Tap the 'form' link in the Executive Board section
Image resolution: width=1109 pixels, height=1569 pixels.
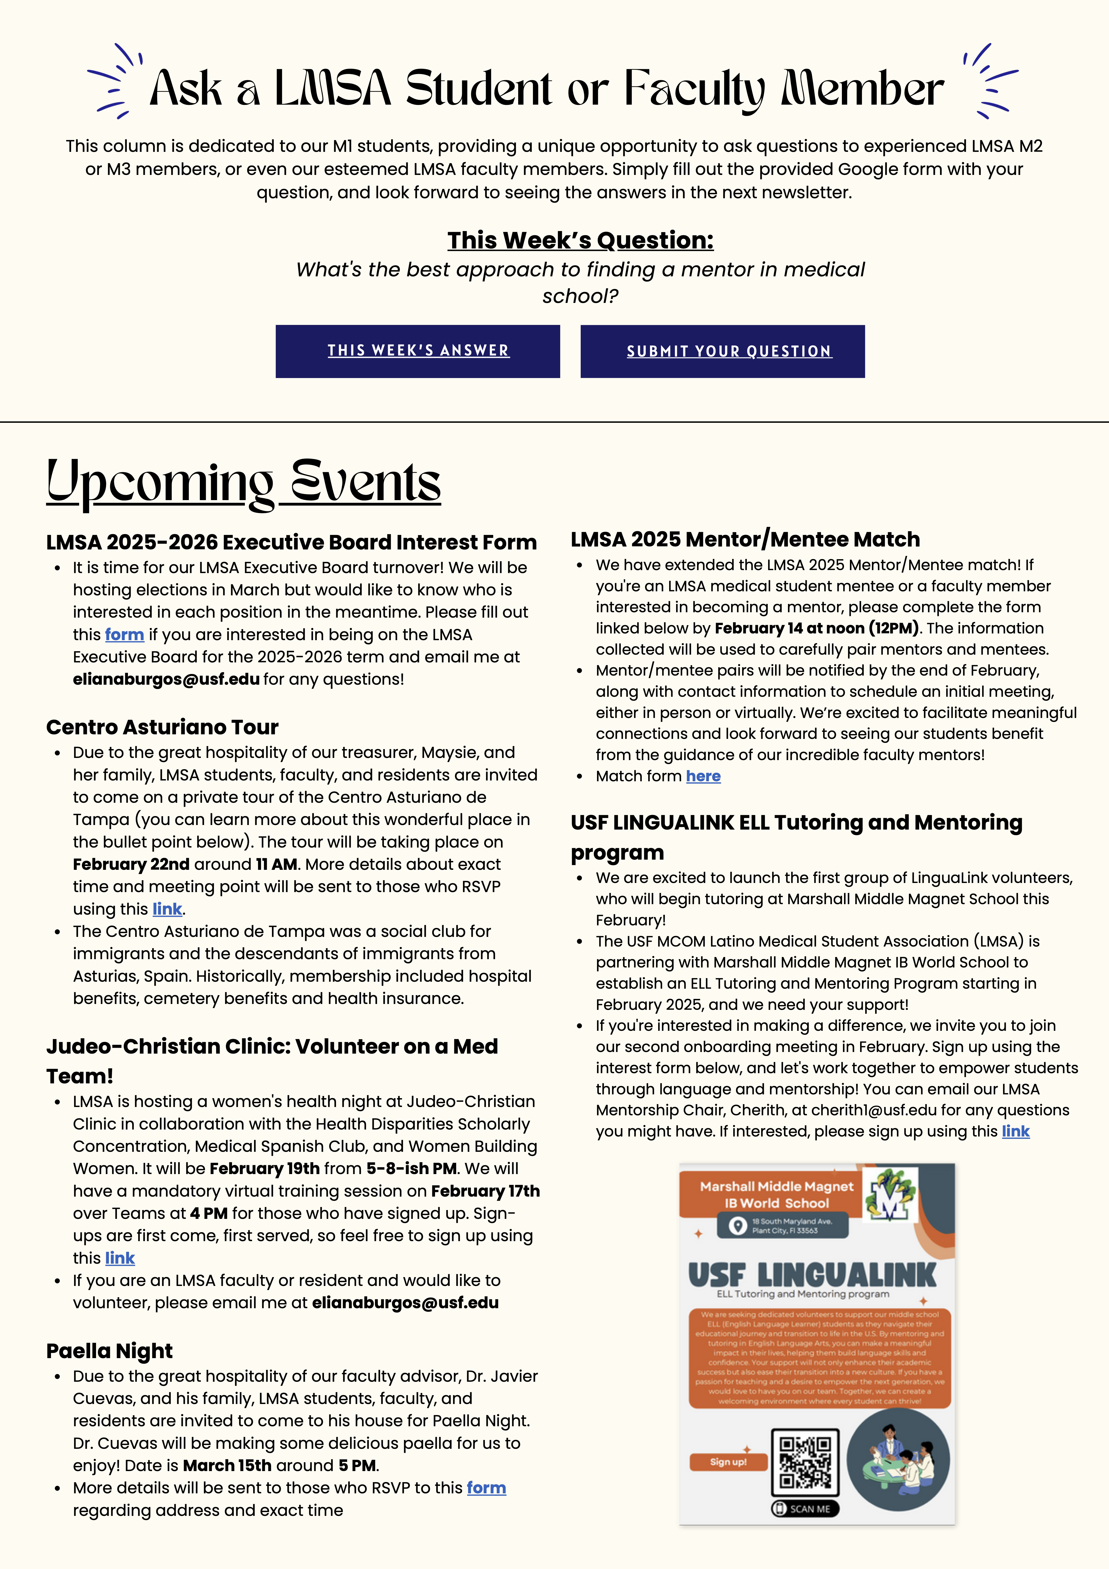[124, 635]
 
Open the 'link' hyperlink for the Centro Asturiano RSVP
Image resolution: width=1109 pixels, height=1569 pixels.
[167, 909]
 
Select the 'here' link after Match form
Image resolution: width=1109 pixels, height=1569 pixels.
[703, 776]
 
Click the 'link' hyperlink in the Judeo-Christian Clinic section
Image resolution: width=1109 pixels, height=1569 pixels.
[120, 1258]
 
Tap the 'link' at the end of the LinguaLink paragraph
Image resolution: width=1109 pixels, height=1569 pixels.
[1015, 1132]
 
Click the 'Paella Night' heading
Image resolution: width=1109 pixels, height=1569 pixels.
[109, 1351]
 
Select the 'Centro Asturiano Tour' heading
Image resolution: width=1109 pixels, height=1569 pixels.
[163, 727]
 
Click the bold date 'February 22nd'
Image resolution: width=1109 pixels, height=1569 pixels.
[131, 864]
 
